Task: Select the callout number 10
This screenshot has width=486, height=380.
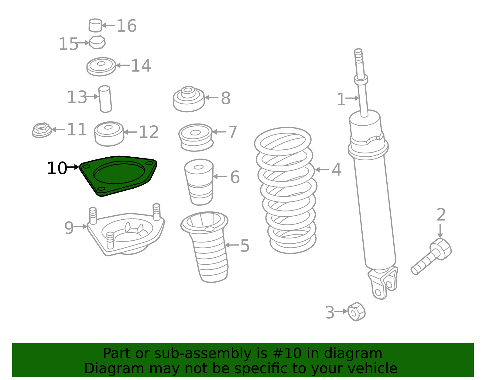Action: click(56, 168)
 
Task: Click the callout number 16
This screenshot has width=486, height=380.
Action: click(126, 26)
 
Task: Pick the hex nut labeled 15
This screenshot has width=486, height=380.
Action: click(97, 42)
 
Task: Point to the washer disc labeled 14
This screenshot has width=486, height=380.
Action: click(101, 66)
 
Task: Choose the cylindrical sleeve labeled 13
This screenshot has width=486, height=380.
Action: click(105, 99)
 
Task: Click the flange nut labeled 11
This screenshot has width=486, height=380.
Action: click(42, 130)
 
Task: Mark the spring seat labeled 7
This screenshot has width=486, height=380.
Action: click(196, 137)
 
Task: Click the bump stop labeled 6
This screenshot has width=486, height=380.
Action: click(199, 181)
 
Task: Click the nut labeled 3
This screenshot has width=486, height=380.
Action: click(356, 312)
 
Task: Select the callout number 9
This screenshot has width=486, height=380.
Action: click(69, 228)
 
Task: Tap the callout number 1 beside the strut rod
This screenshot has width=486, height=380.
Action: click(341, 99)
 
